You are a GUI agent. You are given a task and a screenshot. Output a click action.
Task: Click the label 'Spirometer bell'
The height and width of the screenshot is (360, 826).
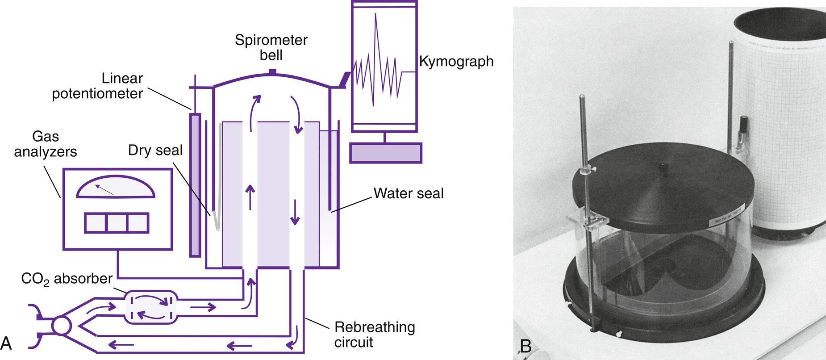click(x=271, y=47)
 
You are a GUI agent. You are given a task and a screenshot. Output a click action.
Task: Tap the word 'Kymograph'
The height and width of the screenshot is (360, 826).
click(x=456, y=61)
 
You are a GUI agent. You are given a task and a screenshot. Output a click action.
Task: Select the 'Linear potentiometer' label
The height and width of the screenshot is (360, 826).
click(x=97, y=86)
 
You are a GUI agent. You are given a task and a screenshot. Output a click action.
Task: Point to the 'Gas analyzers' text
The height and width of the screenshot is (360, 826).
click(x=46, y=144)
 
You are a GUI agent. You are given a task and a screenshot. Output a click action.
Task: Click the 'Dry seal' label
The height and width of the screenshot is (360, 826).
click(x=155, y=150)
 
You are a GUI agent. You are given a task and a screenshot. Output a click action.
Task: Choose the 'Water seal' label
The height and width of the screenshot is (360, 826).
click(x=408, y=193)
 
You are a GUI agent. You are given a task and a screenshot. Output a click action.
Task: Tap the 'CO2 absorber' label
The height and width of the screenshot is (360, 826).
click(x=67, y=279)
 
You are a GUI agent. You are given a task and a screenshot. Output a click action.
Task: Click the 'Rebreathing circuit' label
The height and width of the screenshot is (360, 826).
click(x=374, y=335)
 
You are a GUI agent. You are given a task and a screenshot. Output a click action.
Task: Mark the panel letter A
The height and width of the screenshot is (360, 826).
click(x=6, y=343)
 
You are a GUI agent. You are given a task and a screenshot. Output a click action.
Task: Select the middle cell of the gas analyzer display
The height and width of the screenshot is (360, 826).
click(x=117, y=223)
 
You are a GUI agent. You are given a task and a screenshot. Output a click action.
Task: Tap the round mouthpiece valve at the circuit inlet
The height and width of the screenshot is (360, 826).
click(x=61, y=325)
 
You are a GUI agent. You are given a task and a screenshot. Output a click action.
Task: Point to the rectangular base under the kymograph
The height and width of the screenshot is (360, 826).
click(x=385, y=153)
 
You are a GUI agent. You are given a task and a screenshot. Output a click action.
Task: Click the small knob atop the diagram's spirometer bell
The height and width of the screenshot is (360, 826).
click(x=272, y=71)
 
